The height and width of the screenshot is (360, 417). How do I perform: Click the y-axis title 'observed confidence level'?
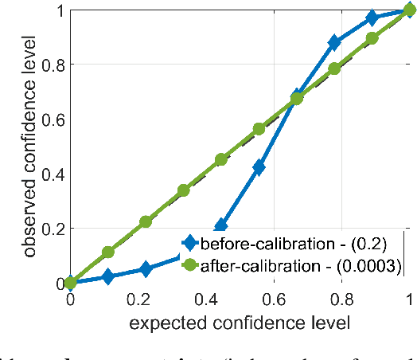(29, 147)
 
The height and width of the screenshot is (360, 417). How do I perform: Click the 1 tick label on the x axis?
(408, 300)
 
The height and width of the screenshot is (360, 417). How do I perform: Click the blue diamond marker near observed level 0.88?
(334, 42)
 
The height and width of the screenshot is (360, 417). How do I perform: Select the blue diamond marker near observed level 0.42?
(259, 167)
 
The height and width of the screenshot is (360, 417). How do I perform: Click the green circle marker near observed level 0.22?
(146, 221)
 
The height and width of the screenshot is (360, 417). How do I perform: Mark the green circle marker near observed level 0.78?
(334, 68)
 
